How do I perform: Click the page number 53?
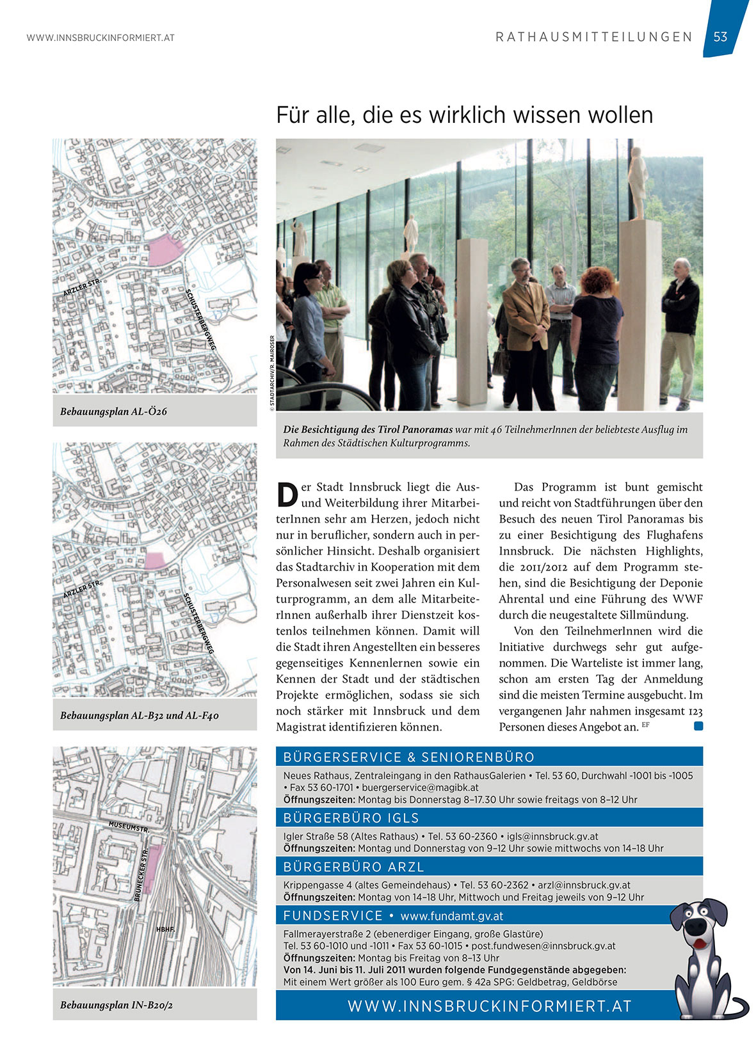tap(720, 37)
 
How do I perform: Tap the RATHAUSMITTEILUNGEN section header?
tap(594, 37)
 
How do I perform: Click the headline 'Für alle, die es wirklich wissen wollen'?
tap(464, 115)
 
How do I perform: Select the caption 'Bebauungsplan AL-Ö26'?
tap(113, 411)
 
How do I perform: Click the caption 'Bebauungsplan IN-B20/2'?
tap(117, 1005)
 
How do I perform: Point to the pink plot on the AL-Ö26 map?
tap(165, 250)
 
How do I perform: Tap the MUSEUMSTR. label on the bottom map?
tap(129, 826)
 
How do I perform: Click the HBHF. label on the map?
tap(165, 929)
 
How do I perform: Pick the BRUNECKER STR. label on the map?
tap(141, 874)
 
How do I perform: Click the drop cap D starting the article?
tap(287, 494)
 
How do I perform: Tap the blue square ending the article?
tap(698, 726)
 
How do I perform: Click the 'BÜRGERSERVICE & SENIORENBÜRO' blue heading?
tap(408, 757)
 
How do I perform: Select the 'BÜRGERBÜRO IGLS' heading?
tap(351, 818)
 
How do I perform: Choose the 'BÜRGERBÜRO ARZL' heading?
tap(353, 867)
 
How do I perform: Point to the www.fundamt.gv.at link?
tap(451, 916)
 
